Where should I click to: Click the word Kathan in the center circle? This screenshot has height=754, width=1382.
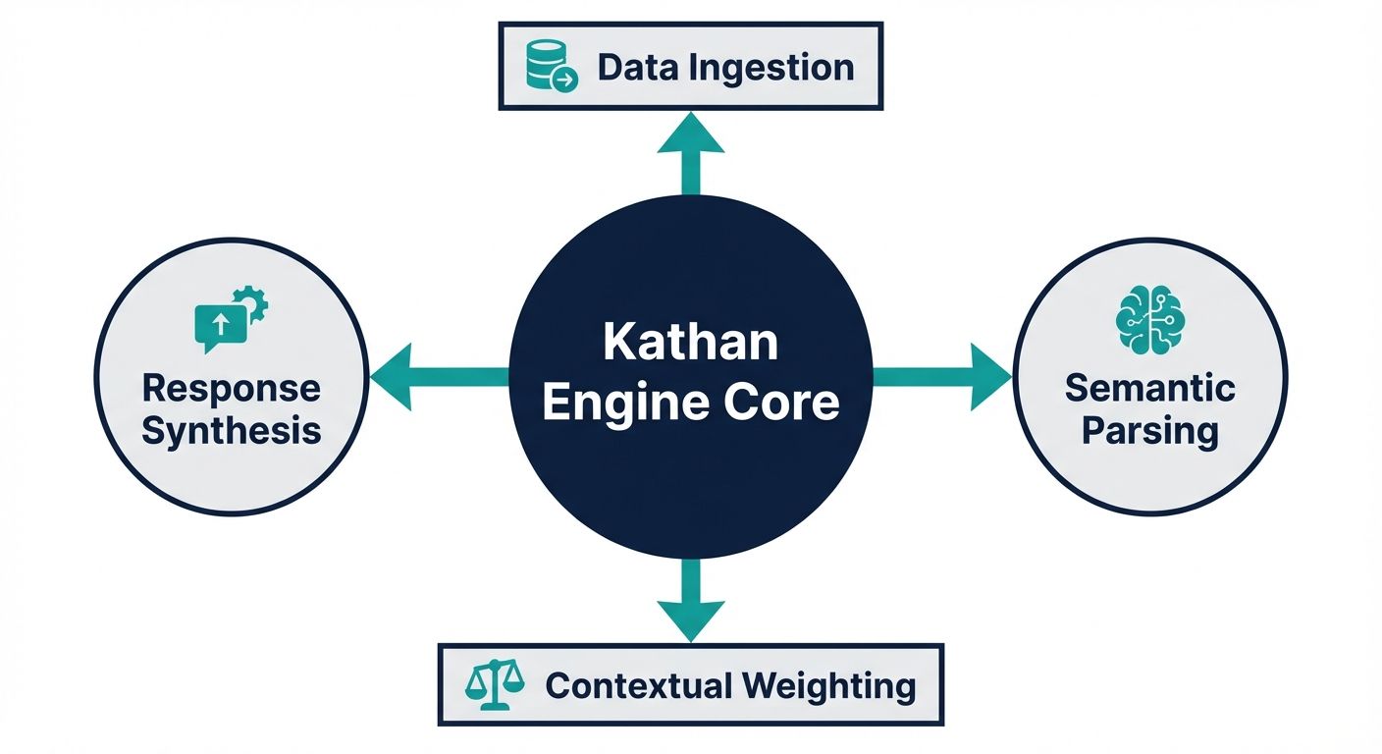690,344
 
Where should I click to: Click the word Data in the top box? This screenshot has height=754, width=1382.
627,67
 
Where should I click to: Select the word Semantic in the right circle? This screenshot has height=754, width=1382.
1149,388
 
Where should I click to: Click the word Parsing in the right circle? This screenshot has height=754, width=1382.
1149,431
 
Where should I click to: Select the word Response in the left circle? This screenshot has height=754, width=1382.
231,388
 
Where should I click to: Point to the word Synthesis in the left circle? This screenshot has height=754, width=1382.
231,431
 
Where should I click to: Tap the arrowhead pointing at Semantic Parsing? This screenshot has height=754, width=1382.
988,376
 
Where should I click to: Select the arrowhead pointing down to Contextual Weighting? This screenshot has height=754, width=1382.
691,619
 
